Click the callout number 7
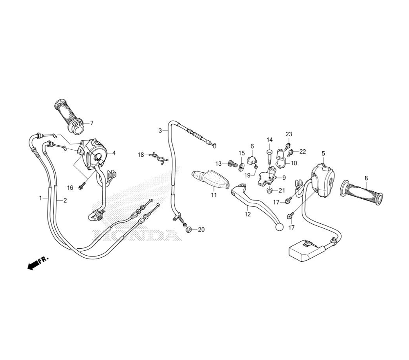[x=92, y=123]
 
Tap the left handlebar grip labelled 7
[x=69, y=117]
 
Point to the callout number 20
[x=201, y=229]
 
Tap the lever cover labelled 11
[x=211, y=179]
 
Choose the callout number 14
[x=270, y=140]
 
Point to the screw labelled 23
[x=288, y=145]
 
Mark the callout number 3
[x=160, y=130]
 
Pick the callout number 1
[x=40, y=198]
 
